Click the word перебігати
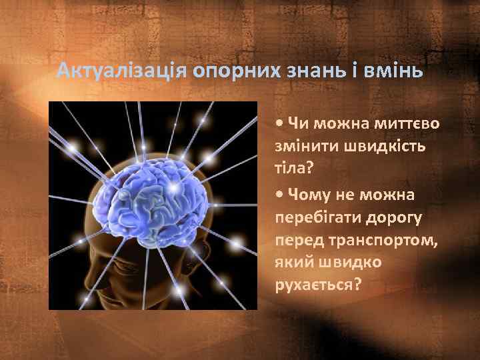click(315, 217)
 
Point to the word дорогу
click(391, 217)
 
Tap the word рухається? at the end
click(317, 286)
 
